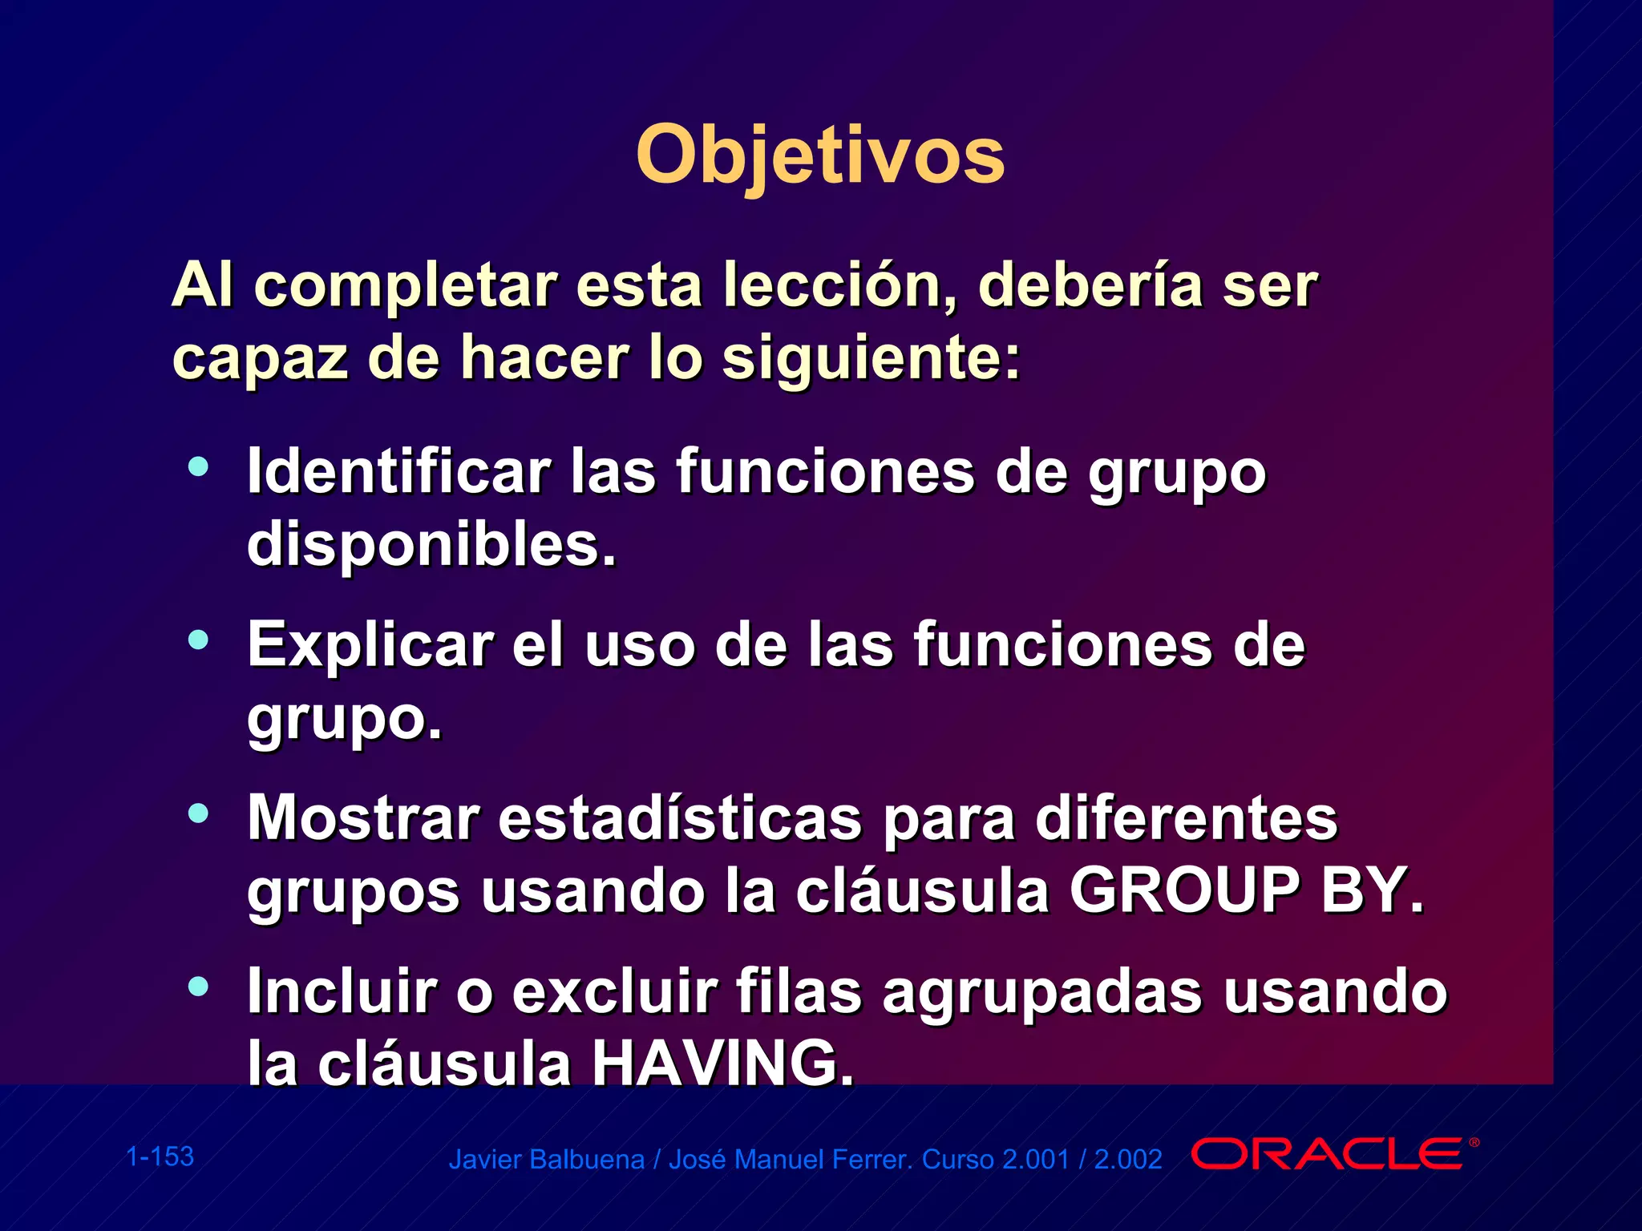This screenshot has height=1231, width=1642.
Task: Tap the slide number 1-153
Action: coord(160,1156)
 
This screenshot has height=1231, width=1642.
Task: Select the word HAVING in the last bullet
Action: coord(722,1064)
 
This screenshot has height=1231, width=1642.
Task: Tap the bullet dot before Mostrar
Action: coord(198,813)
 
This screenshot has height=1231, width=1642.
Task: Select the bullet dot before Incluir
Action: coord(198,987)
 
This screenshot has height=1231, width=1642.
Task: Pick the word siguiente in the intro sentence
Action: coord(870,358)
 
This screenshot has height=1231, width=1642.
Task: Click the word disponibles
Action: coord(431,544)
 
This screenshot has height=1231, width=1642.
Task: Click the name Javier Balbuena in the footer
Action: coord(546,1160)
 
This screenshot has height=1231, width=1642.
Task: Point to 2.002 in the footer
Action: coord(1128,1160)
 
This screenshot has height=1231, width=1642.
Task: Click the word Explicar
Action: coord(370,644)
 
